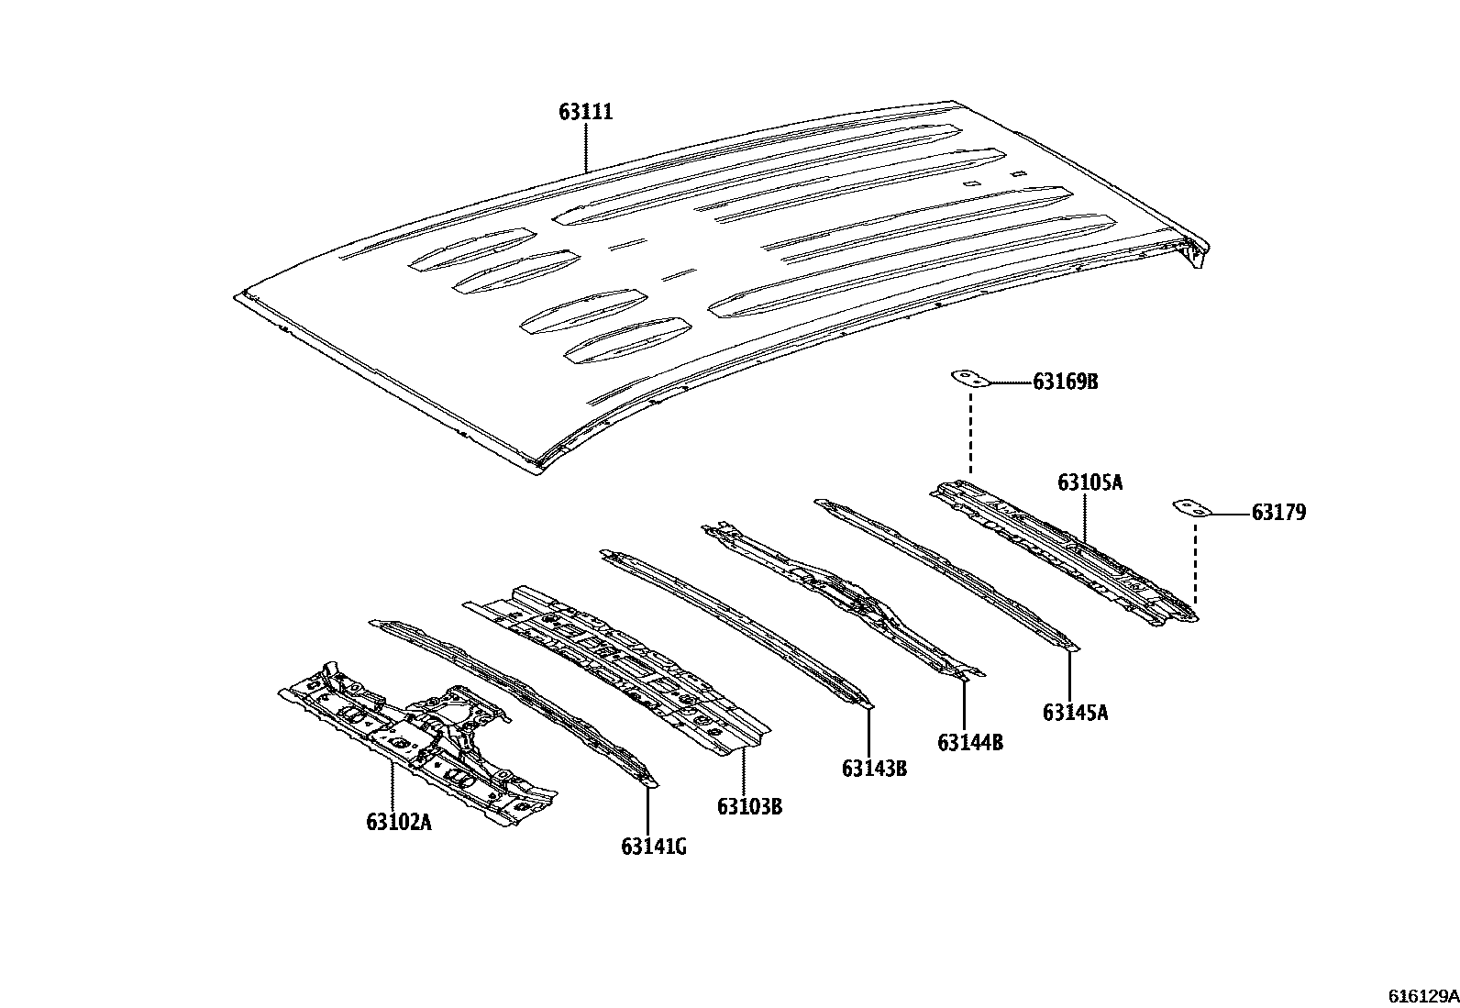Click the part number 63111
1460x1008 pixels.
click(x=585, y=112)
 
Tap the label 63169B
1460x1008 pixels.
click(x=1065, y=382)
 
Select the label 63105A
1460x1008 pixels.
click(x=1089, y=482)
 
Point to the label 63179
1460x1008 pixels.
click(x=1278, y=513)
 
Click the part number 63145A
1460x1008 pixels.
click(x=1075, y=712)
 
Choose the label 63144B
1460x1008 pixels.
click(x=969, y=742)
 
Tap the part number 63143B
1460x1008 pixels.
click(x=874, y=768)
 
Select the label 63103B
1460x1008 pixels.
click(x=749, y=807)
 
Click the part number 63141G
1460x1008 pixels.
click(x=653, y=846)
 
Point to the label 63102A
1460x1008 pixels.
click(x=398, y=822)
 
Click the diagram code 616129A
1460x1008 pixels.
click(x=1421, y=994)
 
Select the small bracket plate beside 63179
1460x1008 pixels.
click(x=1192, y=507)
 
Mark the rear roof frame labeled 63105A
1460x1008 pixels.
click(x=1064, y=550)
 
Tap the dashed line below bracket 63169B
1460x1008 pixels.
click(x=969, y=431)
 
